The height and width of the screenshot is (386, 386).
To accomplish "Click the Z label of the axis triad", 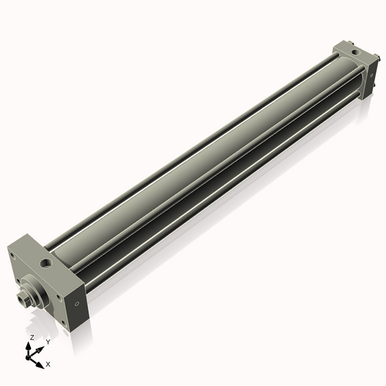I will (x=31, y=338).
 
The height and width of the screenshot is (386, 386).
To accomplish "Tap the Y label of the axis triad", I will (x=48, y=341).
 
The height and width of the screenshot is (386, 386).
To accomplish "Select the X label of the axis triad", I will (x=49, y=363).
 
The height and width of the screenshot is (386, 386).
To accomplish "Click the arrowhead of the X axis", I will (x=42, y=361).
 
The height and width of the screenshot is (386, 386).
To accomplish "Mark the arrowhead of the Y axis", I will (x=41, y=347).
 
